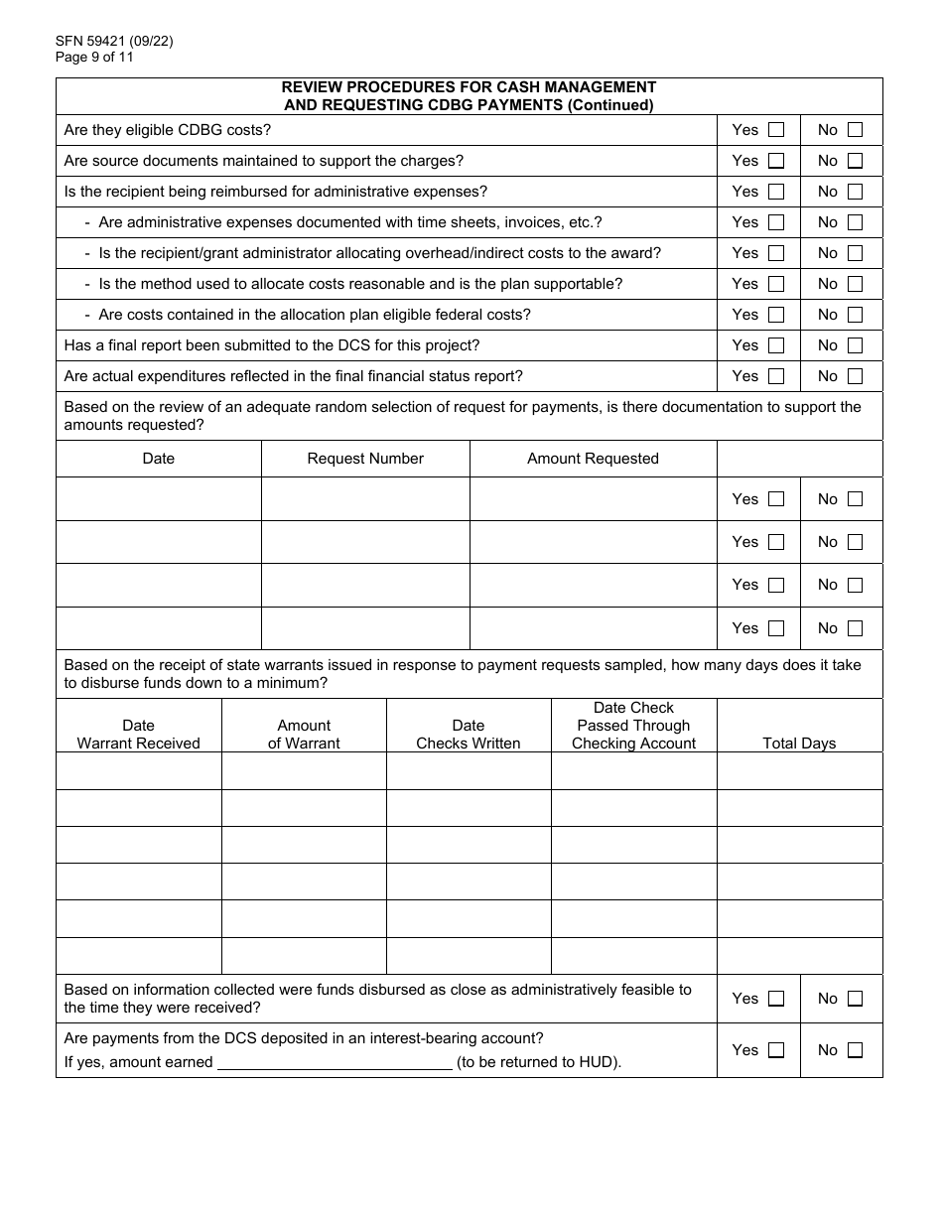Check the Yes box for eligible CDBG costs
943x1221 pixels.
tap(776, 130)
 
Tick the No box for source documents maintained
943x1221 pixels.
tap(855, 161)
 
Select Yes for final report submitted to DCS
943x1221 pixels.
tap(776, 345)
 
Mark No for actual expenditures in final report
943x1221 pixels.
tap(855, 376)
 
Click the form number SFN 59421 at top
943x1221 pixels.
tap(95, 42)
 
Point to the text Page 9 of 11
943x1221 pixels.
tap(95, 58)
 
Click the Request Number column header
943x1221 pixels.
tap(365, 459)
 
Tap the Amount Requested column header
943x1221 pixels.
tap(593, 459)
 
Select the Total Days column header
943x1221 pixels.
tap(799, 744)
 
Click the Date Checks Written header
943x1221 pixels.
tap(469, 735)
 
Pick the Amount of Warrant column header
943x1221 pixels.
tap(304, 735)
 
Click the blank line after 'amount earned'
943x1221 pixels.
tap(335, 1062)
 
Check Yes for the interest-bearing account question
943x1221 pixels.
tap(776, 1050)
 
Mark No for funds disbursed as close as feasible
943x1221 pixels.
tap(855, 999)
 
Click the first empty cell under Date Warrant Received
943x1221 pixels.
tap(139, 771)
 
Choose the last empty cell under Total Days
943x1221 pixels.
tap(799, 956)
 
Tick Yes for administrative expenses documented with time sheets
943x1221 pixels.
tap(776, 222)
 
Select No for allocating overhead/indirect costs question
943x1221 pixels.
tap(855, 253)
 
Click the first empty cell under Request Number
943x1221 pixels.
tap(365, 499)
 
